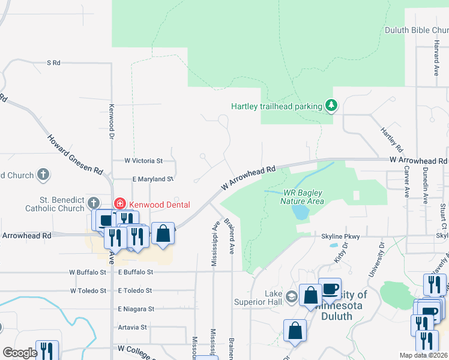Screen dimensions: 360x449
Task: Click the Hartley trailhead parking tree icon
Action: pyautogui.click(x=331, y=106)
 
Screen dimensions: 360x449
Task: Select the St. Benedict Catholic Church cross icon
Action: pyautogui.click(x=93, y=203)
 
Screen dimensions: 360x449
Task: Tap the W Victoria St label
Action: pyautogui.click(x=143, y=161)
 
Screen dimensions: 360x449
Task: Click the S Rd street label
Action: pyautogui.click(x=54, y=62)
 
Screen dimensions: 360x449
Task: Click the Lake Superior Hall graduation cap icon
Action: pyautogui.click(x=291, y=296)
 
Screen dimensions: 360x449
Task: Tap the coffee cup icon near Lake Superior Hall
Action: pyautogui.click(x=330, y=289)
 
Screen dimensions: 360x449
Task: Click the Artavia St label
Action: pyautogui.click(x=133, y=327)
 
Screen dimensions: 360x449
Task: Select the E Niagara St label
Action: pyautogui.click(x=136, y=308)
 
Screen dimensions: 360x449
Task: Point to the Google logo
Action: pyautogui.click(x=20, y=353)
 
